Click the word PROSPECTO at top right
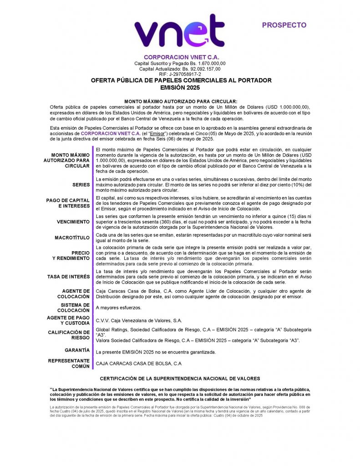click(284, 25)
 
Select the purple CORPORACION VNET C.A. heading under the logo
click(181, 57)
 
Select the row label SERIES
click(81, 185)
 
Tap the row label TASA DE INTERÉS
click(68, 277)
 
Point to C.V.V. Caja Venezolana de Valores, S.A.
click(139, 320)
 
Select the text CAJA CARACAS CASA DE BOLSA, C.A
click(139, 363)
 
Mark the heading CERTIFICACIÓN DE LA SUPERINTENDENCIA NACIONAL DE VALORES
click(180, 378)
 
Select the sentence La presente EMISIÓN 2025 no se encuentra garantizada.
click(156, 352)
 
